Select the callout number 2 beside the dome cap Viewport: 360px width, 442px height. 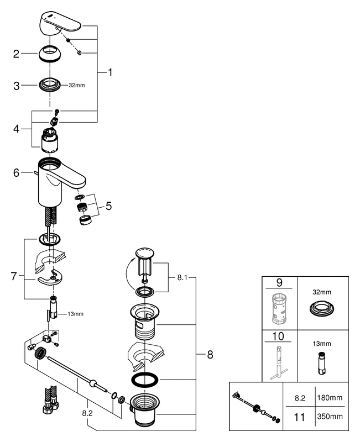[x=17, y=54]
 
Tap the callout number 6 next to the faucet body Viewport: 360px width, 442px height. [x=17, y=172]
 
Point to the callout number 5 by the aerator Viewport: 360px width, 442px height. [x=108, y=206]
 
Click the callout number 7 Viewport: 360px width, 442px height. [x=14, y=276]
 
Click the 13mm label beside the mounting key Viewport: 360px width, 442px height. [x=76, y=314]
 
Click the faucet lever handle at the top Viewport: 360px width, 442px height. [x=61, y=24]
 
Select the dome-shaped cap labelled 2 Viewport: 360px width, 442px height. [x=50, y=55]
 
